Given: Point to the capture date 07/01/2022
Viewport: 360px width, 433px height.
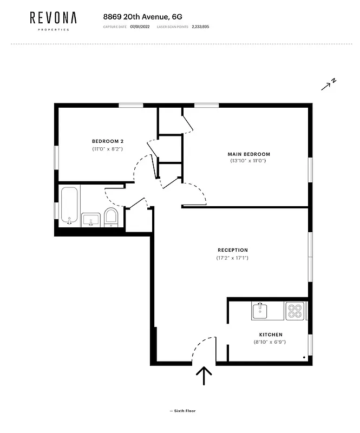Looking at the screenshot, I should click(140, 27).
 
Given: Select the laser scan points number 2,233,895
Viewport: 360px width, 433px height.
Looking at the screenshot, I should click(200, 27).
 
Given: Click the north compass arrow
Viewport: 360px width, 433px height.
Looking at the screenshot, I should click(329, 84).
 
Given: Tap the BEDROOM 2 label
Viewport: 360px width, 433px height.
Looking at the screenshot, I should click(108, 141).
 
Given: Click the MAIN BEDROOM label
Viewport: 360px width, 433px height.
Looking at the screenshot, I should click(248, 154).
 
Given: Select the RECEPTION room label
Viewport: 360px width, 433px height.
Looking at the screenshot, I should click(233, 250).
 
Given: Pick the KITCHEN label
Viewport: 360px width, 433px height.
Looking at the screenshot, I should click(271, 334).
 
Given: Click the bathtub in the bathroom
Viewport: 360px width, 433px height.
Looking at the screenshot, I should click(69, 206).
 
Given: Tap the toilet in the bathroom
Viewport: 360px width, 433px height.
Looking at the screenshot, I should click(110, 216).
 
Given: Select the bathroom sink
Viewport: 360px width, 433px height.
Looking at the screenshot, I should click(90, 220).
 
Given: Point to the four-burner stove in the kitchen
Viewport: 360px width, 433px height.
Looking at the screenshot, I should click(294, 311).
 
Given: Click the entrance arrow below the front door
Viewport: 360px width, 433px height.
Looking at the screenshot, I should click(204, 375).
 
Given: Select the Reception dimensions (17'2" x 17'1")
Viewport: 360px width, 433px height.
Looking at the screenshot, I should click(233, 258).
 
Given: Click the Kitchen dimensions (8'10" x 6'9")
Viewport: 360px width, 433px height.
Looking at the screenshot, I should click(270, 342).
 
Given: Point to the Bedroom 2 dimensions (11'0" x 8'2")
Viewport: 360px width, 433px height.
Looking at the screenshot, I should click(108, 148).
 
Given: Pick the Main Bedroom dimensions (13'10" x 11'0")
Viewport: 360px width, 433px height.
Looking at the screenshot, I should click(248, 161).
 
